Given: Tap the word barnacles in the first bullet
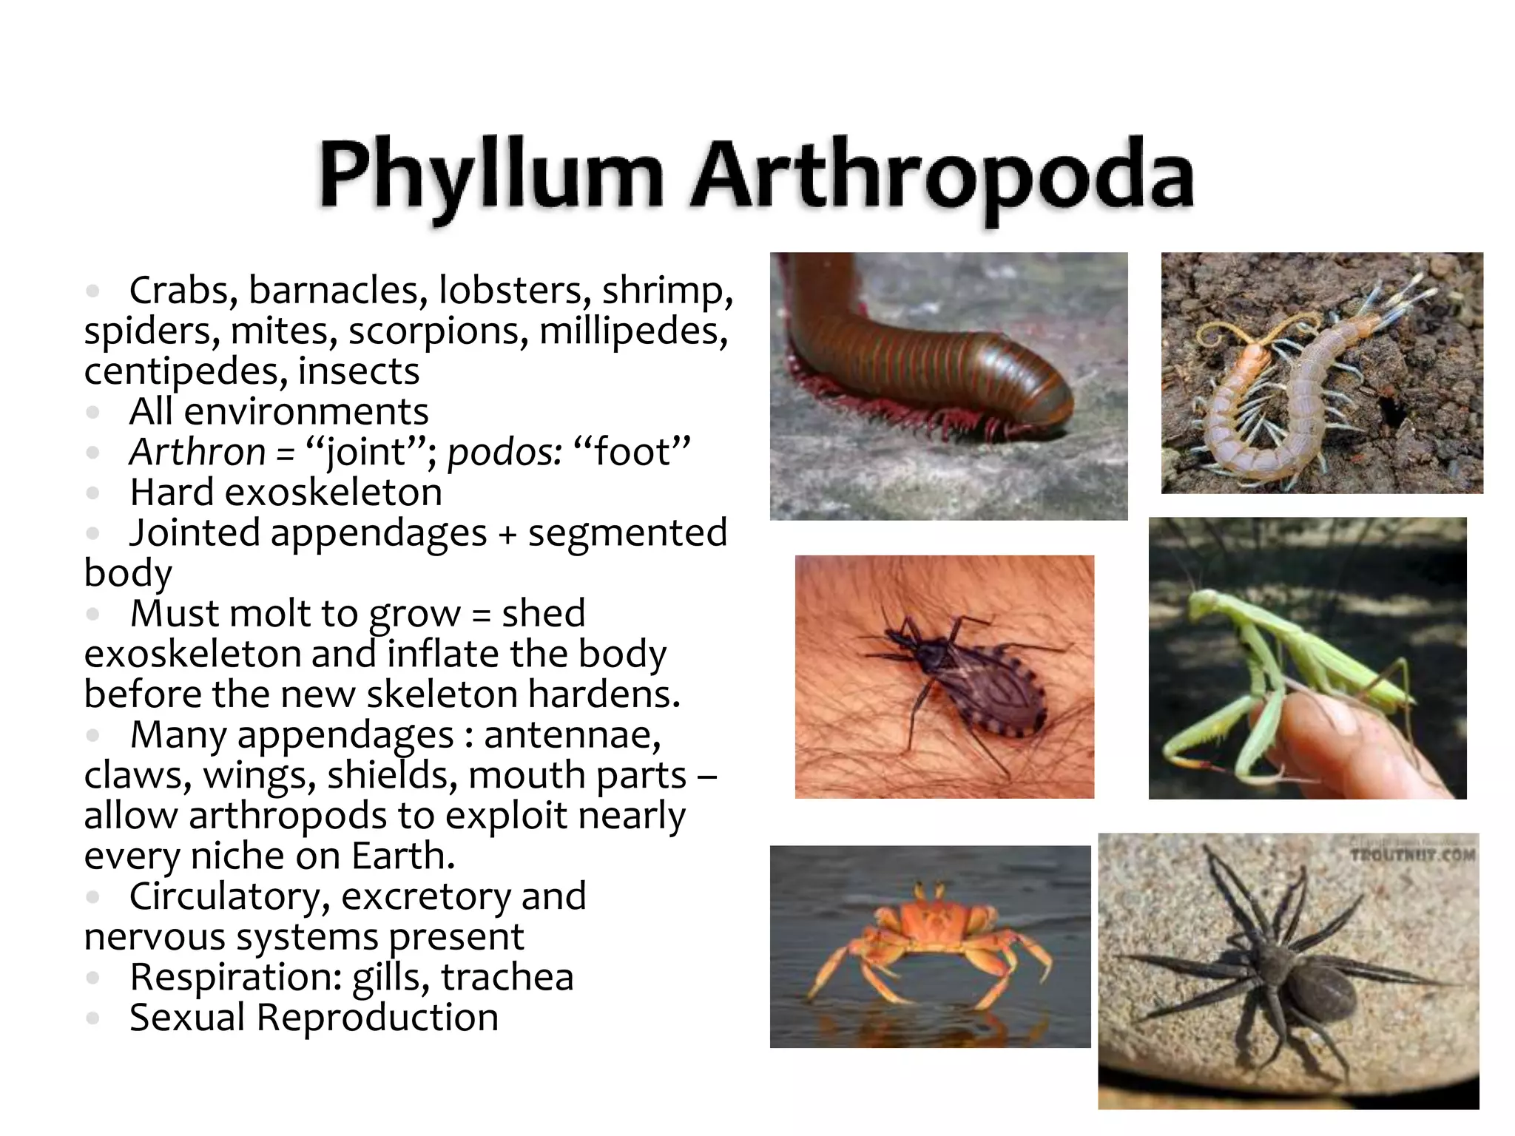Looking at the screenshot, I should click(338, 290).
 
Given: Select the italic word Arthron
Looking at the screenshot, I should click(197, 451).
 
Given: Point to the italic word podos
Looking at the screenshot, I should click(504, 451).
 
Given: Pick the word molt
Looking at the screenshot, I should click(260, 613).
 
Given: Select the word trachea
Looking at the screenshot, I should click(507, 976).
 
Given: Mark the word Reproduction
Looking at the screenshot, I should click(377, 1017).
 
